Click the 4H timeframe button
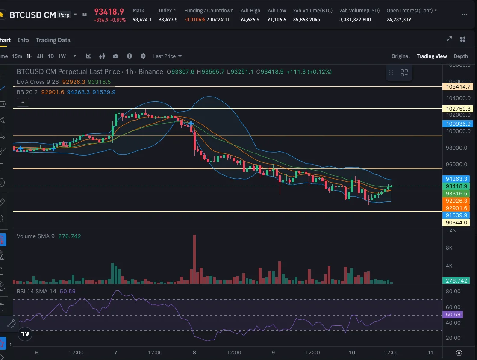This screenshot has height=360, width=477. tap(40, 56)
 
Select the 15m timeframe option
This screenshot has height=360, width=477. tap(17, 56)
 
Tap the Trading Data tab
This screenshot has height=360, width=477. tap(53, 40)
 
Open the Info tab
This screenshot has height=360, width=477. tap(23, 40)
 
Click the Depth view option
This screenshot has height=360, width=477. tap(461, 56)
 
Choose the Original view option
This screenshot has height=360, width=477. tap(400, 56)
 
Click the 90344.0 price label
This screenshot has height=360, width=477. tap(457, 223)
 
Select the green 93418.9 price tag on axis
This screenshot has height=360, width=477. tap(457, 186)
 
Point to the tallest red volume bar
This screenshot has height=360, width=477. tap(194, 259)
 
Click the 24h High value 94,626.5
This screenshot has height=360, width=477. tap(250, 20)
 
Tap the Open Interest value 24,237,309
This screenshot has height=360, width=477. tap(399, 20)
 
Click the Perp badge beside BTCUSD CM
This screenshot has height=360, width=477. tap(64, 15)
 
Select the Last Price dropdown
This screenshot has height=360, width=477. tap(167, 56)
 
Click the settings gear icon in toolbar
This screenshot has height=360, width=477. tap(143, 56)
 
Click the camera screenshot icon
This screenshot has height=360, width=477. tap(116, 56)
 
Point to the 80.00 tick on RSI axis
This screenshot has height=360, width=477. tap(453, 292)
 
